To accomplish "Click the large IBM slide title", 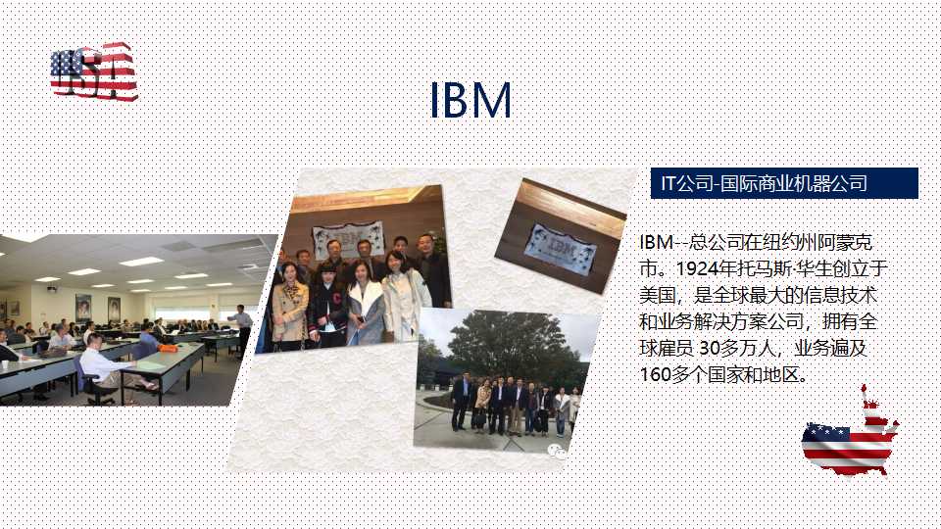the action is (x=470, y=100).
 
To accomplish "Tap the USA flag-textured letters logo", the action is (x=94, y=71).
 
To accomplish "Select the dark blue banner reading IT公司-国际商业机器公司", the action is (x=784, y=183).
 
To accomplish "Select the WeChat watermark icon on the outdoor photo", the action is (x=557, y=451).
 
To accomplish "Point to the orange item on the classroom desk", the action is (x=168, y=348).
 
